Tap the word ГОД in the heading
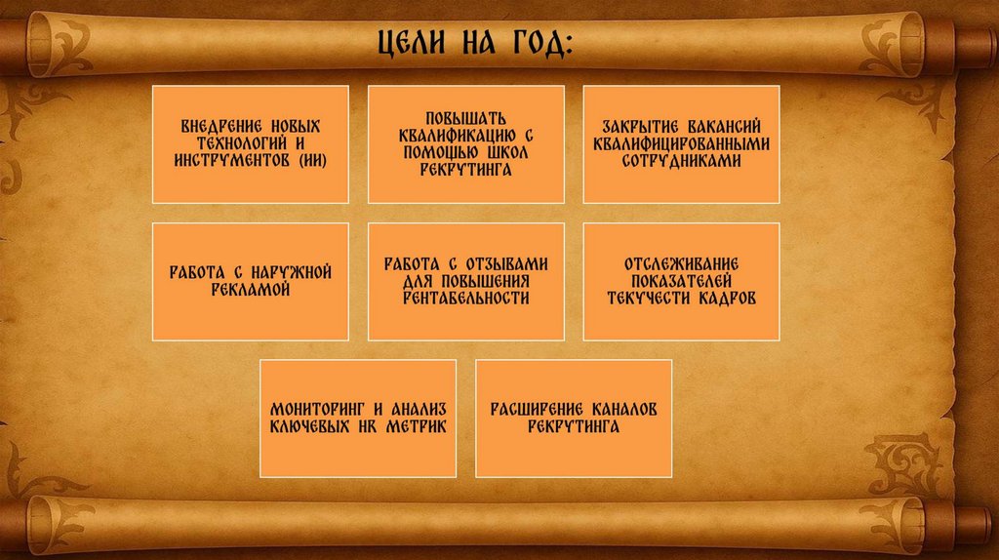click(542, 43)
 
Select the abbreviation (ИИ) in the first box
click(313, 161)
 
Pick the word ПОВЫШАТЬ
click(465, 118)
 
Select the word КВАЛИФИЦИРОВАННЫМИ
click(681, 143)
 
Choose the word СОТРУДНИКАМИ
click(681, 161)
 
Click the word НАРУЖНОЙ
click(291, 272)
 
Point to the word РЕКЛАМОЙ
click(251, 290)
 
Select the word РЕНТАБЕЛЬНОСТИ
click(465, 299)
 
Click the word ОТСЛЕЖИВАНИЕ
click(681, 264)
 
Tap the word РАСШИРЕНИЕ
click(536, 410)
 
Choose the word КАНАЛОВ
click(623, 410)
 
